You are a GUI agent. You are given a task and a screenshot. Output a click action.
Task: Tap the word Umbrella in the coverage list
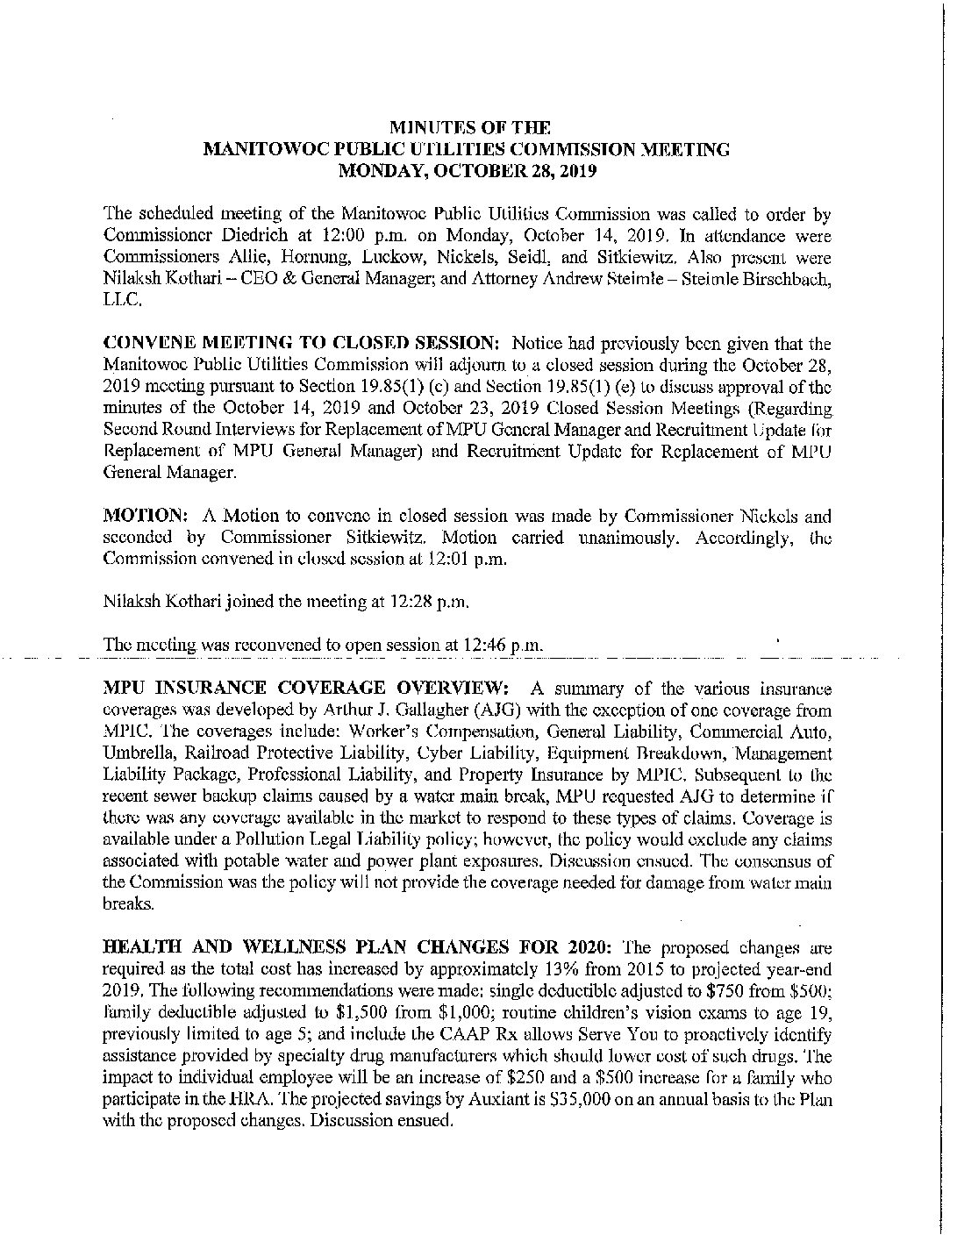click(137, 753)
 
